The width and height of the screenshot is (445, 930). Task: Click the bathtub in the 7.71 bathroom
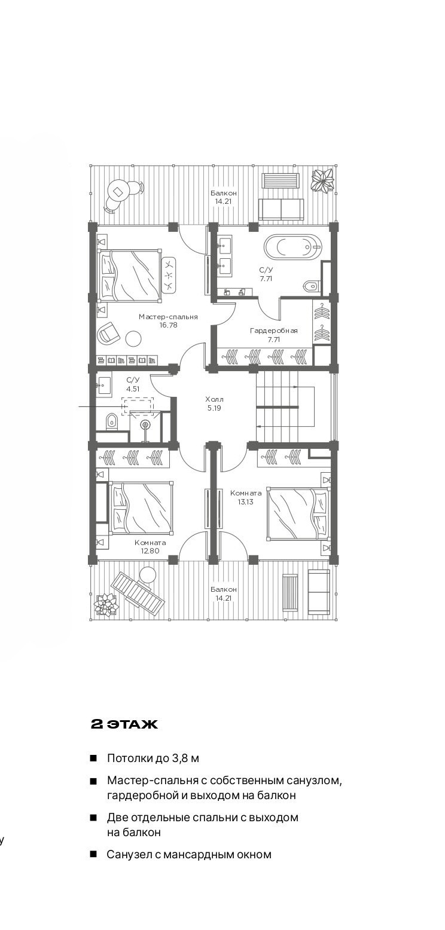point(292,247)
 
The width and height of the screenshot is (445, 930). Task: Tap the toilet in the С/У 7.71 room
point(312,286)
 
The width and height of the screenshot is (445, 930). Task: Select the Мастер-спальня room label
point(168,317)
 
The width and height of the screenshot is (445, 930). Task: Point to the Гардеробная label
point(274,331)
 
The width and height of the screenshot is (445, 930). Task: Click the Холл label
point(214,399)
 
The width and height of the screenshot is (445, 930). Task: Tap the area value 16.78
point(168,325)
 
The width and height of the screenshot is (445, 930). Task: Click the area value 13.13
point(246,501)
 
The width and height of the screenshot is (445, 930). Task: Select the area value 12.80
point(150,551)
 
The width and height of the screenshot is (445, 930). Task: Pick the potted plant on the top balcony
point(323,180)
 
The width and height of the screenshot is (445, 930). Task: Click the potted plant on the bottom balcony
point(106,604)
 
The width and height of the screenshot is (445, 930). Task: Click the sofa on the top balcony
point(281,209)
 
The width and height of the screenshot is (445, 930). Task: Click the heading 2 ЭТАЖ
point(124,724)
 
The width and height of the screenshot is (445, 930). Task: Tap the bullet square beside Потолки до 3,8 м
point(93,758)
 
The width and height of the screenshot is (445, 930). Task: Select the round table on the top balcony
point(118,191)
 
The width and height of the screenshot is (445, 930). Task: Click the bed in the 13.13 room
point(298,514)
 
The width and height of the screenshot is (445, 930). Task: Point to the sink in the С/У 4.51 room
point(103,386)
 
